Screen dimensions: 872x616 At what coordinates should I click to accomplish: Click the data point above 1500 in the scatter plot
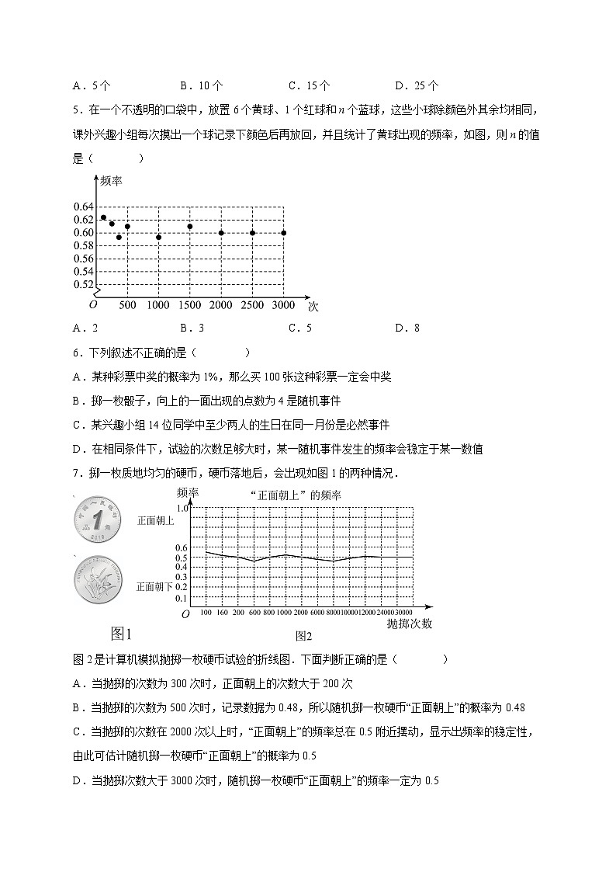coord(189,227)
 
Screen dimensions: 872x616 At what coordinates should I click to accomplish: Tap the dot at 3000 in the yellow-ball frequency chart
coord(283,233)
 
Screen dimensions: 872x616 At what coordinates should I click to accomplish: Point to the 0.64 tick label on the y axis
coord(83,207)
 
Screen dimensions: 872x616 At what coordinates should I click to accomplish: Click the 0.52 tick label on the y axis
coord(83,284)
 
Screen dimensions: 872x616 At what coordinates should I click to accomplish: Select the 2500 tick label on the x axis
coord(252,305)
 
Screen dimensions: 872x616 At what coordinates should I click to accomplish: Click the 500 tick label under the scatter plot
coord(126,305)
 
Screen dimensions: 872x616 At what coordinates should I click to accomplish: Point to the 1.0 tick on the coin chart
coord(182,508)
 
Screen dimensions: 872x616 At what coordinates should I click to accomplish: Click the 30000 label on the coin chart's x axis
coord(403,613)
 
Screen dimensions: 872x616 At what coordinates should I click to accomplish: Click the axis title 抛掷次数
coord(409,624)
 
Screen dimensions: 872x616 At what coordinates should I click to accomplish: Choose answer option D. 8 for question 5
coord(407,328)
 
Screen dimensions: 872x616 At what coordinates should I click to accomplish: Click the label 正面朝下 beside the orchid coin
coord(154,586)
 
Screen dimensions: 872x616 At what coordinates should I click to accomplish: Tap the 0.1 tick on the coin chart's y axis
coord(182,599)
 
